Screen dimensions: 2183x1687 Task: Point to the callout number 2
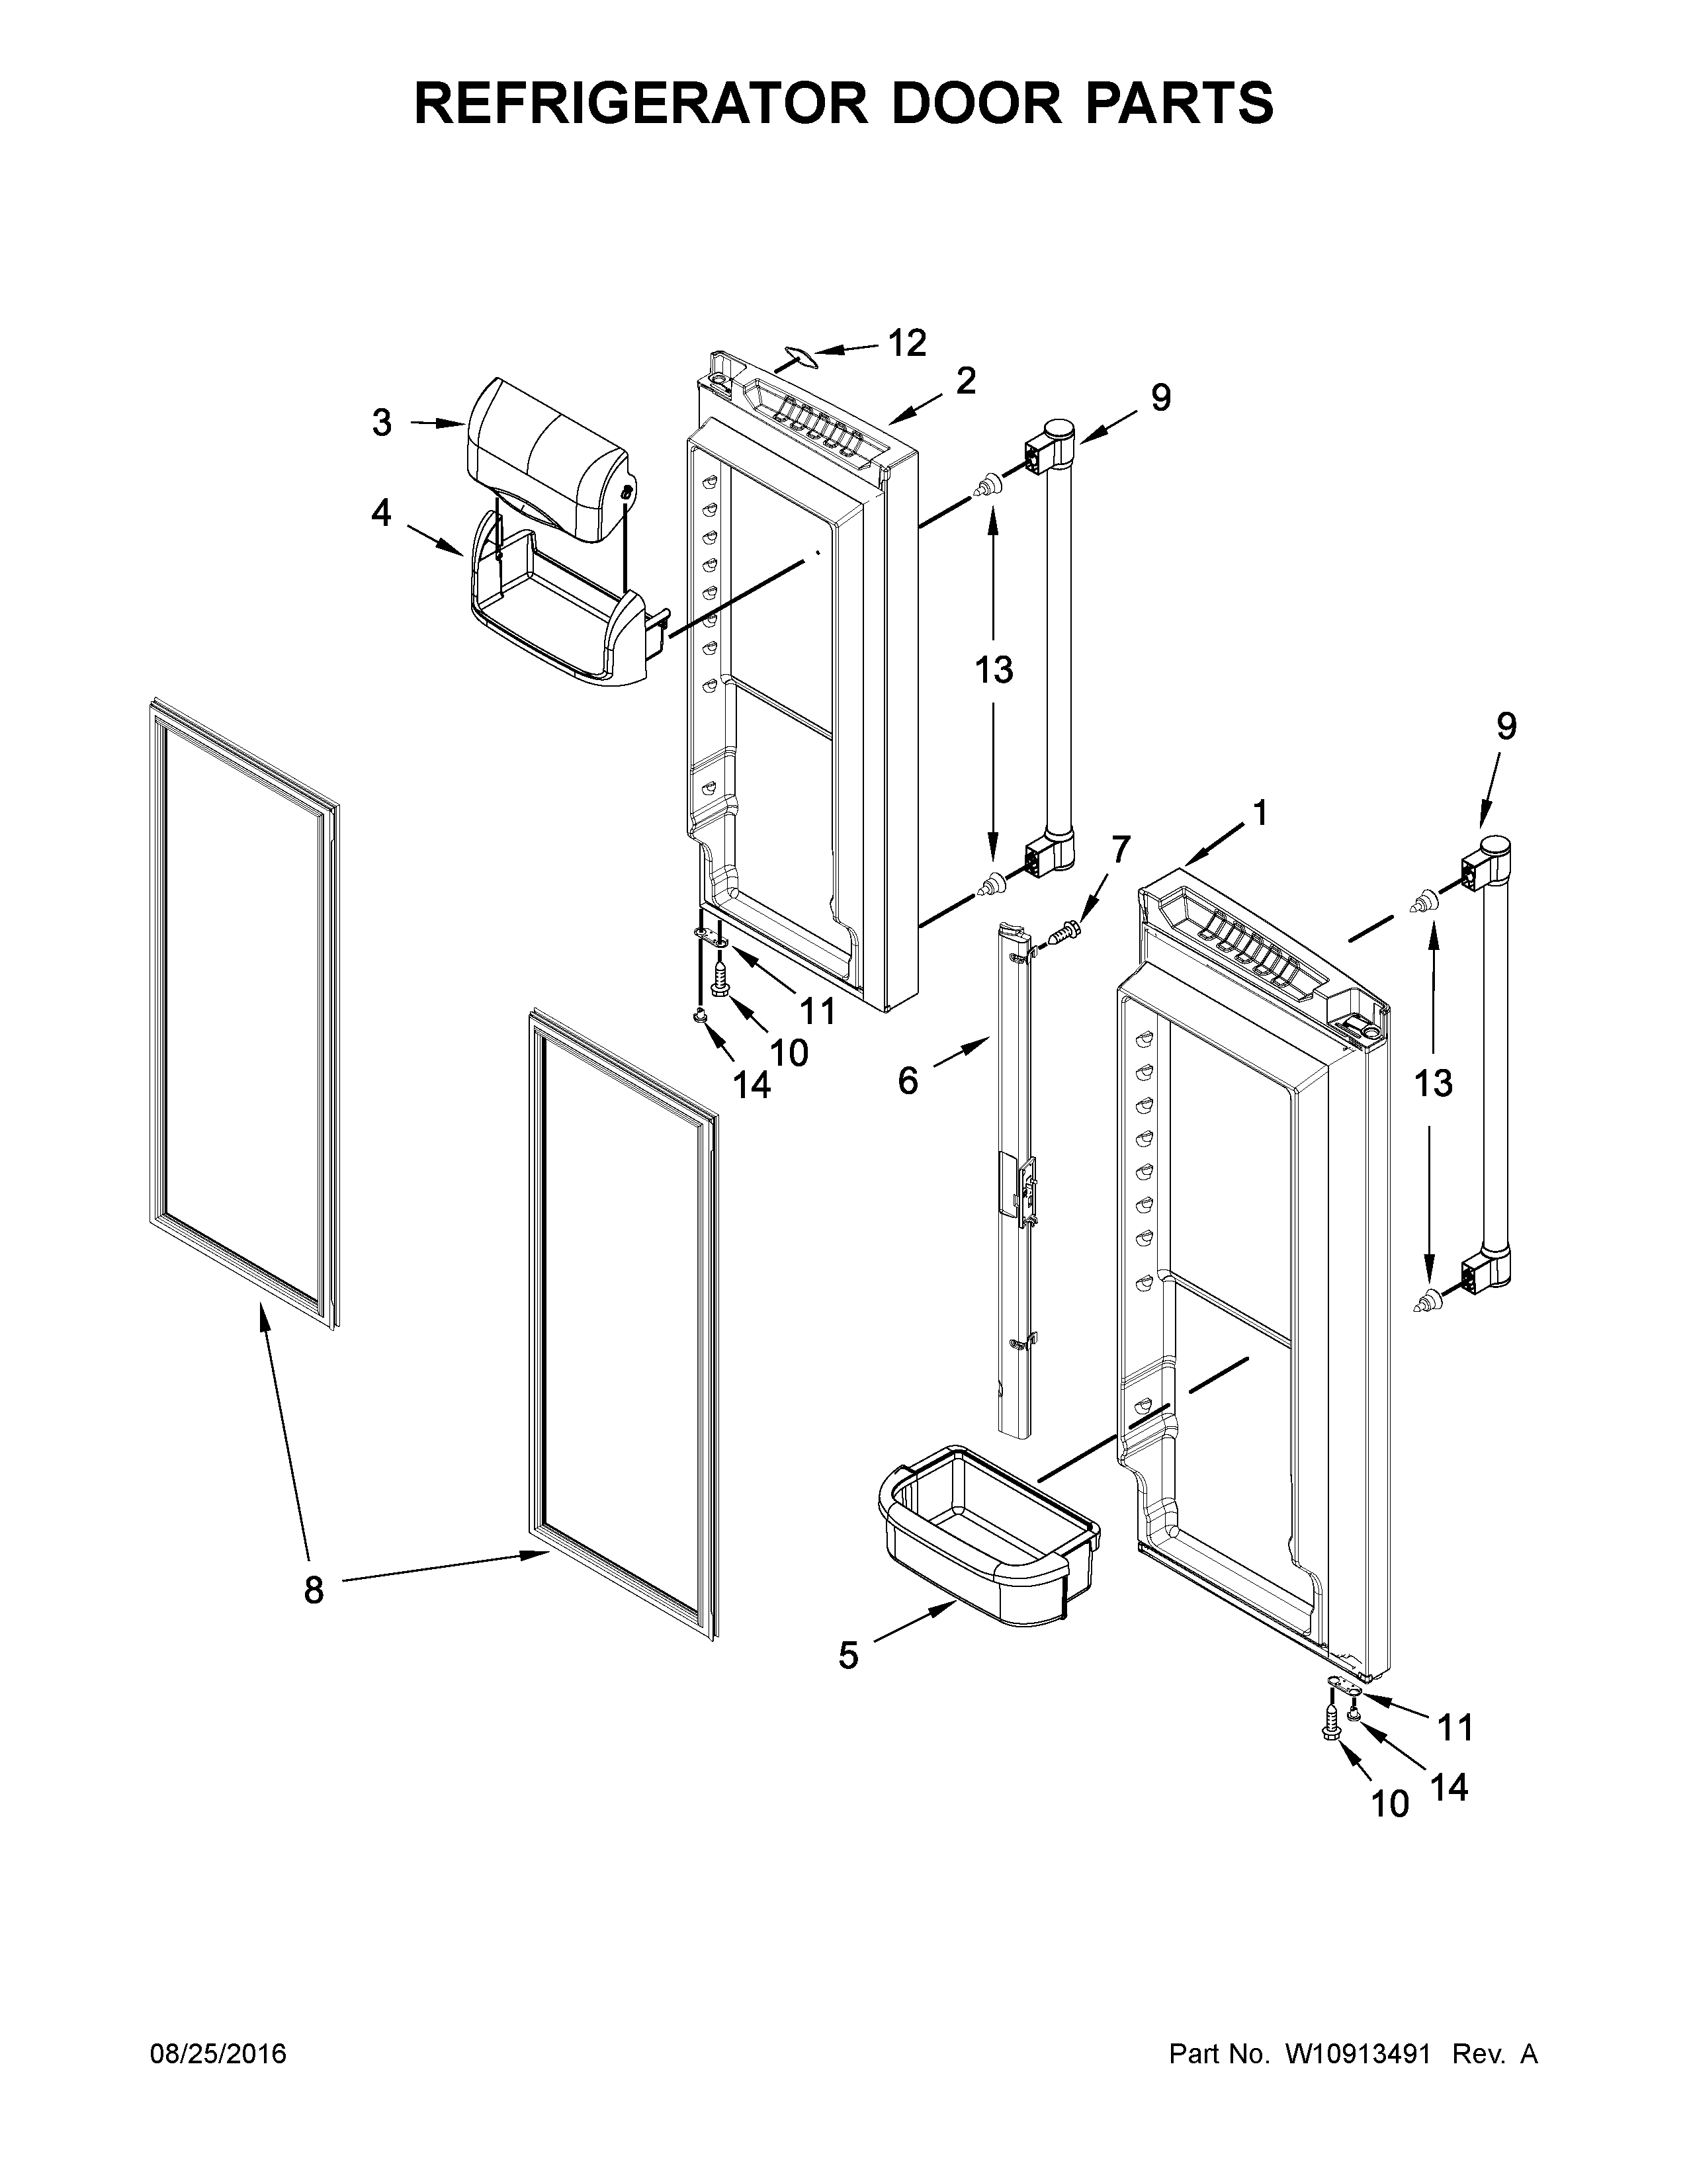[x=965, y=381]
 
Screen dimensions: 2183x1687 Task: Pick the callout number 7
[x=1119, y=849]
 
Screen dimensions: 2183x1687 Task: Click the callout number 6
[x=908, y=1080]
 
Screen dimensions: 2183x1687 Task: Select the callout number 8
[x=314, y=1590]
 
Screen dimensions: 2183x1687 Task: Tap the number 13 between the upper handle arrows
[x=994, y=669]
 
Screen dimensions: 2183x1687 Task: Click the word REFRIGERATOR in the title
[x=640, y=103]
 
